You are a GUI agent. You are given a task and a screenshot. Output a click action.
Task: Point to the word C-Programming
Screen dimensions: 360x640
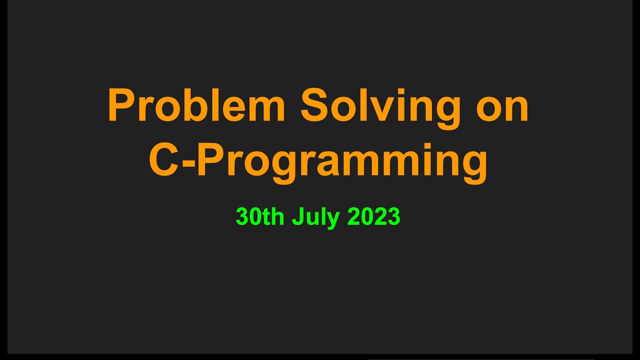pyautogui.click(x=318, y=161)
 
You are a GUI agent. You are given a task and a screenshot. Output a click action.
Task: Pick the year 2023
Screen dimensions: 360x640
pyautogui.click(x=374, y=217)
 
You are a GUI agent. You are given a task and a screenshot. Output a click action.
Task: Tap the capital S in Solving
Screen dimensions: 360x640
pyautogui.click(x=313, y=106)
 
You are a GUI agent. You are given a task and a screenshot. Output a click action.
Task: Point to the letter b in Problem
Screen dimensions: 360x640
pyautogui.click(x=198, y=106)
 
